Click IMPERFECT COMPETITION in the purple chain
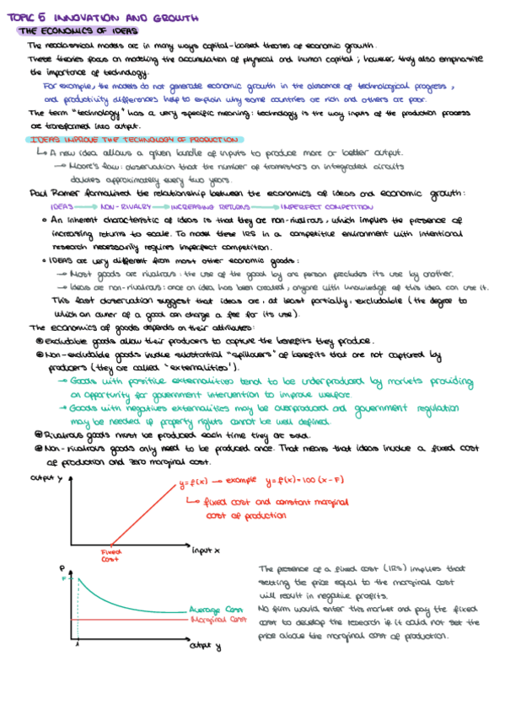point(326,206)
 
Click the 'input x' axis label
point(207,550)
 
